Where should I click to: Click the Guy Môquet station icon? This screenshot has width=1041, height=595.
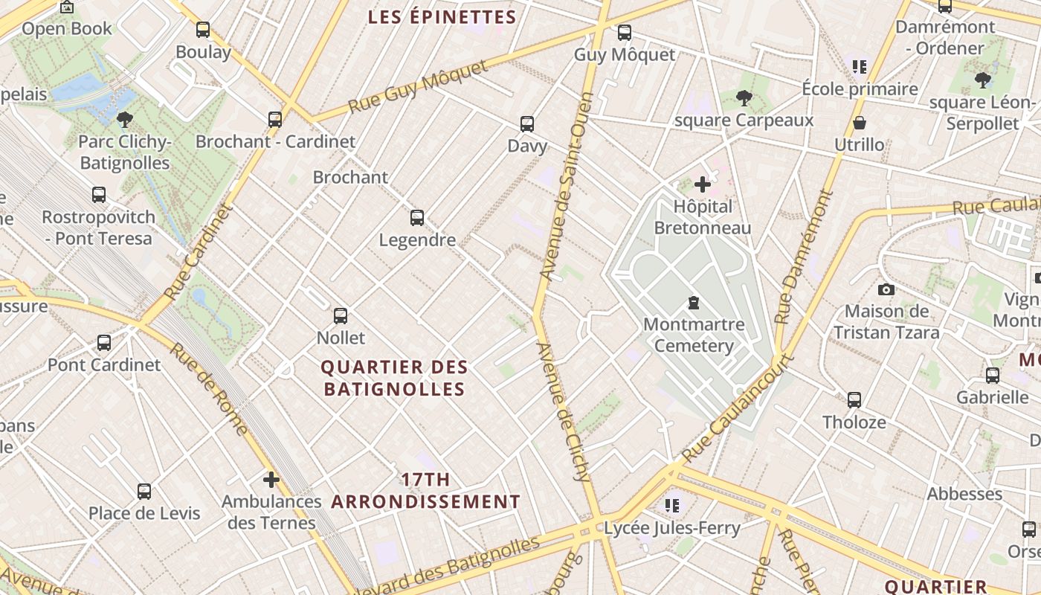625,33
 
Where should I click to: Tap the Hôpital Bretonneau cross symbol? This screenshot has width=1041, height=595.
702,184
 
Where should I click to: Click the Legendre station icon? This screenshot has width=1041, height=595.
417,218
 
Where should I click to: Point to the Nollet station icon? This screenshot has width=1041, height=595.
341,316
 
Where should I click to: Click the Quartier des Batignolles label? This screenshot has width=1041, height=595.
394,378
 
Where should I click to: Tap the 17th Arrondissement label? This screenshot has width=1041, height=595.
425,491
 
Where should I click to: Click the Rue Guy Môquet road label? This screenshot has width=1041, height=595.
418,87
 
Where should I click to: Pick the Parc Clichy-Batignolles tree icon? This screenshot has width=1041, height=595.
125,119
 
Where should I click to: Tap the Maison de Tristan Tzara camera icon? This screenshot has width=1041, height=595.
886,289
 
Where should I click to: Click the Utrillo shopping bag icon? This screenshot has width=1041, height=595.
860,123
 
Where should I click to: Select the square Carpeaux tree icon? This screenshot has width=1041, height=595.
744,97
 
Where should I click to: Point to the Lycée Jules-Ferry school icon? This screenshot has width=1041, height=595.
673,506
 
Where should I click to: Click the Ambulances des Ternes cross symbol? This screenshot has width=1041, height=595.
271,479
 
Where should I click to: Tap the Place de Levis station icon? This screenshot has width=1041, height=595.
144,492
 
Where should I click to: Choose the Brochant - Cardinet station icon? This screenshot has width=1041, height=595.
275,119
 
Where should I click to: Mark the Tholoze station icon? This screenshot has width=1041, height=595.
854,400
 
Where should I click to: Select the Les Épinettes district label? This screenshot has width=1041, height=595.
442,17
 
